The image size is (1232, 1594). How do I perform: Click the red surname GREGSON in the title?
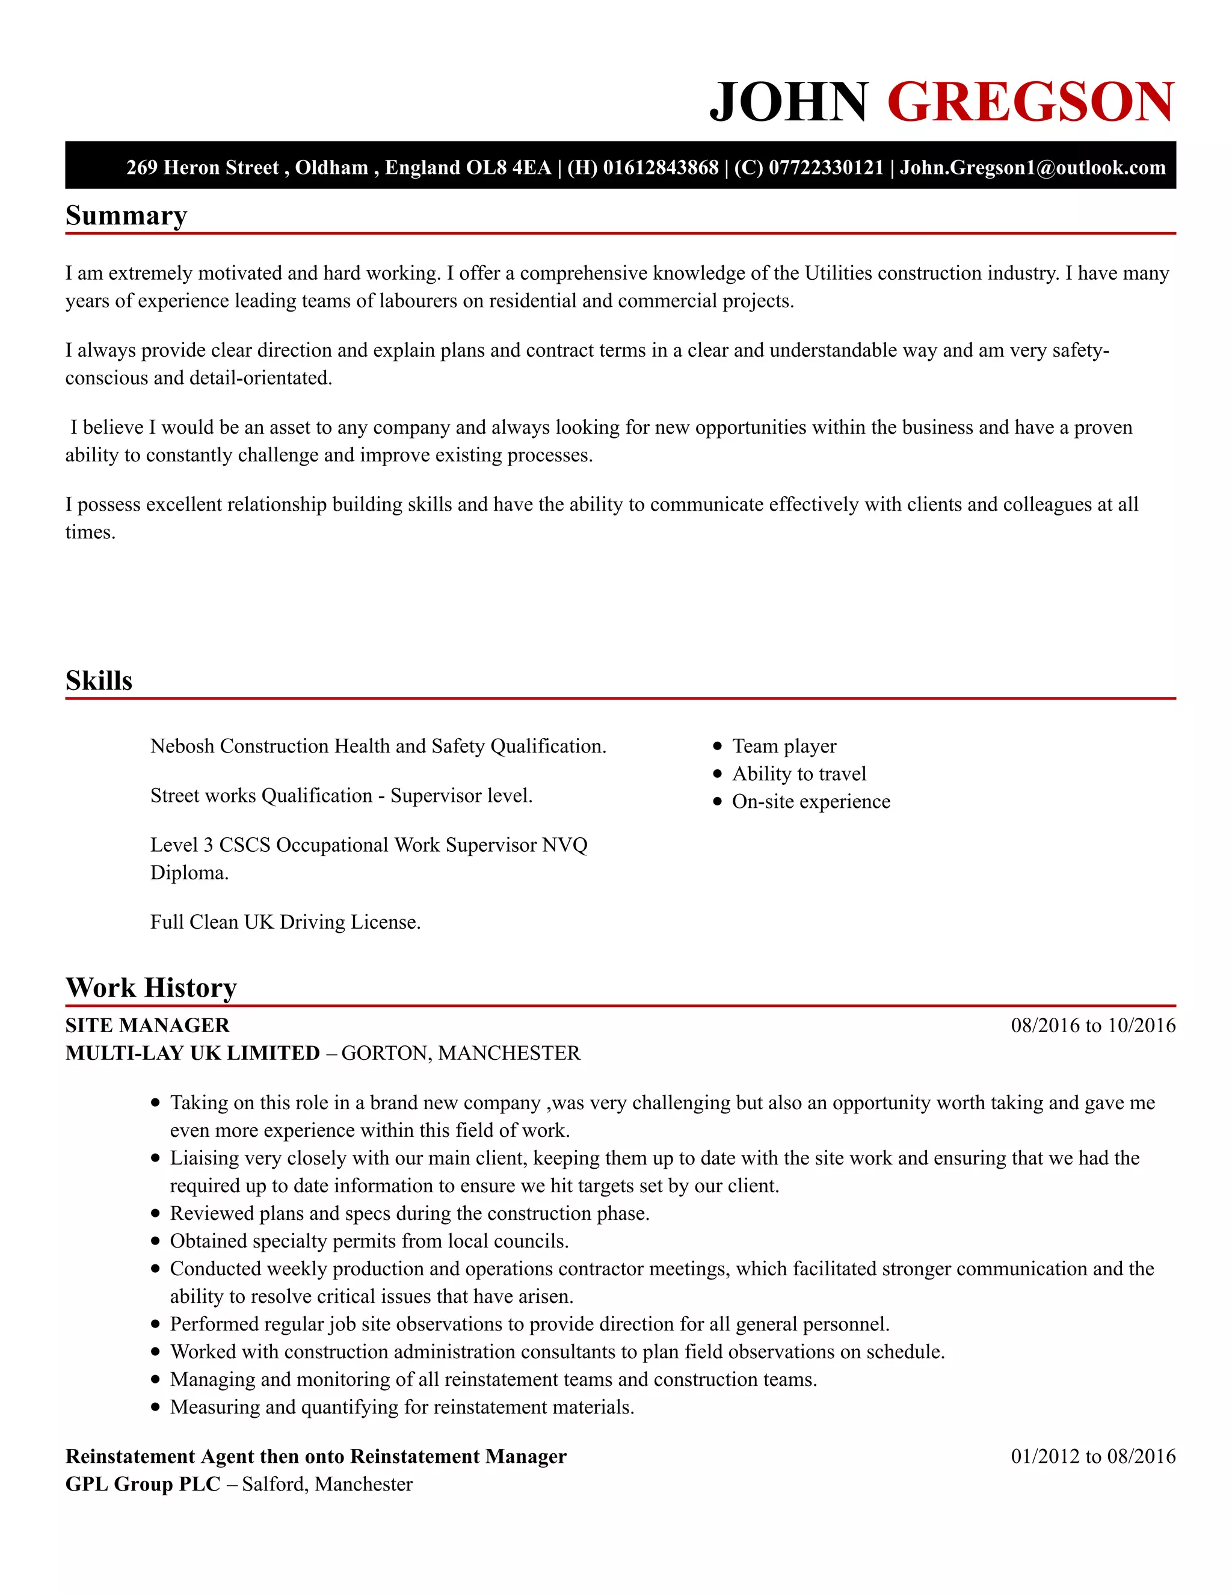point(1030,102)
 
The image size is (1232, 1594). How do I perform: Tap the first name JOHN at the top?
point(788,102)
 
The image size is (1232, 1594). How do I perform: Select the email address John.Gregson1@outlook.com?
point(1032,167)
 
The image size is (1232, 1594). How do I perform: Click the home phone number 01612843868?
point(661,167)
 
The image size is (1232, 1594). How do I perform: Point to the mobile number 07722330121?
point(826,167)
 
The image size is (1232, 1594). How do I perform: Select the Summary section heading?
point(126,215)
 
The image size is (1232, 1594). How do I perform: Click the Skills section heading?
point(99,680)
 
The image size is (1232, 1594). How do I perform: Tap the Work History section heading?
point(151,988)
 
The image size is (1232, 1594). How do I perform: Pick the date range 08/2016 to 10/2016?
point(1092,1026)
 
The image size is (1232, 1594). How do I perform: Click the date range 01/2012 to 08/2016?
point(1092,1456)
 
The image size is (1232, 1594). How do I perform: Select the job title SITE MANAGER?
point(147,1026)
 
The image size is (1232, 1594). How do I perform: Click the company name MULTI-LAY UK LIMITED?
point(192,1053)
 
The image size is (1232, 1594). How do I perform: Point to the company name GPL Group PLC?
point(143,1484)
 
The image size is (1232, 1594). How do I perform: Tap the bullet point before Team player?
point(718,746)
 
